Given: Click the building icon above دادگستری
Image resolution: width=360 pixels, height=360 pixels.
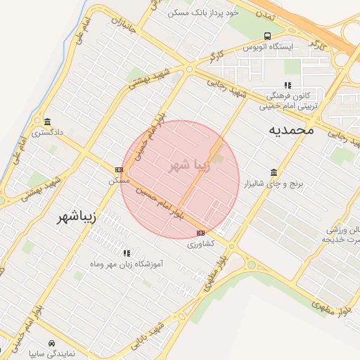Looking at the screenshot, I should pos(47,121).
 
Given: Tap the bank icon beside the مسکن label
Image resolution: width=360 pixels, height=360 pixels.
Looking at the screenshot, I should pos(120,169).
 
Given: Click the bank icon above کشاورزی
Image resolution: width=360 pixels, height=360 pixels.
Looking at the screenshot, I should pos(201,233).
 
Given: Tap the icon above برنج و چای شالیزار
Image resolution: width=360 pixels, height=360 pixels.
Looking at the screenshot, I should pos(274,172).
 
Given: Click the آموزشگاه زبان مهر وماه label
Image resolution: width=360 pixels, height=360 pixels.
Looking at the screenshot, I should pos(127,264).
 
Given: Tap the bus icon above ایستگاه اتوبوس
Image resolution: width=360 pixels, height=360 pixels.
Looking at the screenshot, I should pos(267,35).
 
